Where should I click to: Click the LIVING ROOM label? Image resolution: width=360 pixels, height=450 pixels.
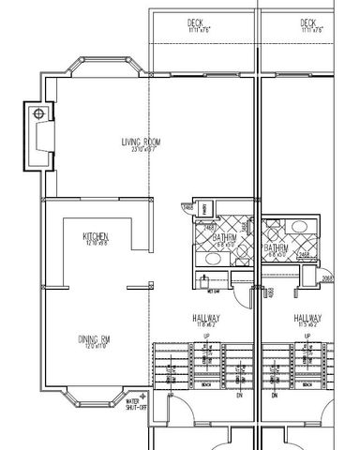point(142,142)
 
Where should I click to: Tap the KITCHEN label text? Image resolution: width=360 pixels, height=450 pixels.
point(96,235)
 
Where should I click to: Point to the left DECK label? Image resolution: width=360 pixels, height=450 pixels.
point(196,22)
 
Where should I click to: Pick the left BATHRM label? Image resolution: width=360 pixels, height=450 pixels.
point(224,238)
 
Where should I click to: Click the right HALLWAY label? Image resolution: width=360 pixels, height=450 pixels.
point(307,318)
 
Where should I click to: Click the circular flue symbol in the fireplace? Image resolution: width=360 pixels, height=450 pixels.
point(38,113)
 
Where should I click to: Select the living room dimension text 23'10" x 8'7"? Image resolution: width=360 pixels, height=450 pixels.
point(142,150)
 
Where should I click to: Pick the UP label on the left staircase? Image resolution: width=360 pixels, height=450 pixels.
point(204,336)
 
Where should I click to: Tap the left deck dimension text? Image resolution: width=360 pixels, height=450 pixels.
point(196,30)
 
